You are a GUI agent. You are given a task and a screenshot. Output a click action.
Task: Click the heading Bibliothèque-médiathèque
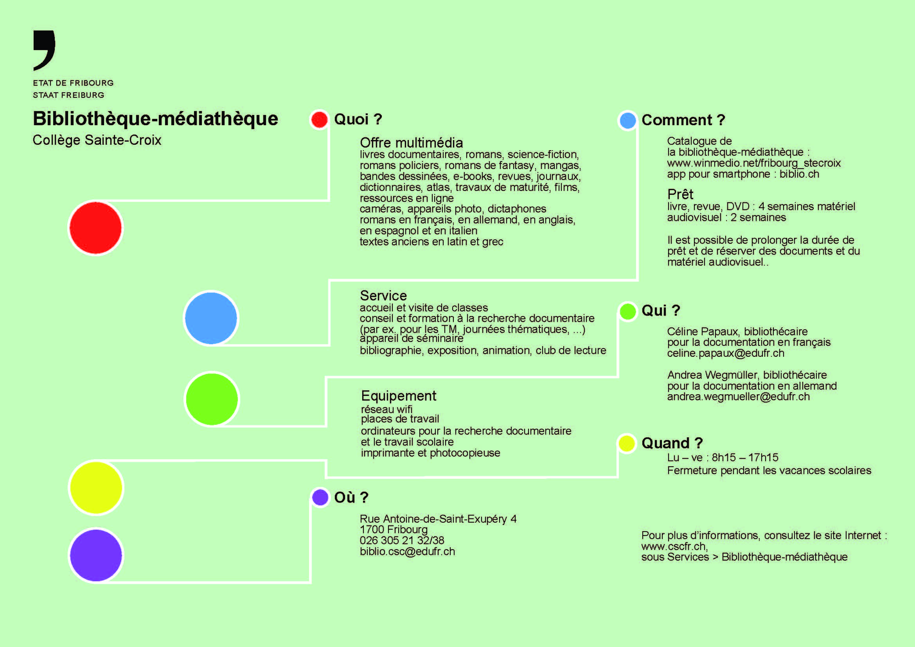coord(155,119)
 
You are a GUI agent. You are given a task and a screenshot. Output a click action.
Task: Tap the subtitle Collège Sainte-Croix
coord(97,140)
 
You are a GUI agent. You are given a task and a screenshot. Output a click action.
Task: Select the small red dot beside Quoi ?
coord(319,120)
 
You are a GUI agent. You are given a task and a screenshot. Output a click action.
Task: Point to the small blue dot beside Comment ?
coord(627,120)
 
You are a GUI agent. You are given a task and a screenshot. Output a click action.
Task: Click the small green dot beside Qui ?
coord(627,311)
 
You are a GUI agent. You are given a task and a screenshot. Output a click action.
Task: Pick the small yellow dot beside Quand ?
coord(627,444)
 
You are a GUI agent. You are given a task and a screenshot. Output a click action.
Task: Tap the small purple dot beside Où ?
coord(320,497)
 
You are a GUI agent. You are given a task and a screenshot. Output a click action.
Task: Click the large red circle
coord(95,228)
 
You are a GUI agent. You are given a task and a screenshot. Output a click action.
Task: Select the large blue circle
coord(211,318)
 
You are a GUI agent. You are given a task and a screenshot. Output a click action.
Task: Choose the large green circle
coord(212,399)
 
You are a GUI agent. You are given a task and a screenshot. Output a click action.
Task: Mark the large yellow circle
coord(96,488)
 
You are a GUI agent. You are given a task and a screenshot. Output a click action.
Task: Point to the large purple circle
coord(96,555)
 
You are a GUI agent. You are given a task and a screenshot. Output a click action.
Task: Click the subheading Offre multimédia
coord(411,143)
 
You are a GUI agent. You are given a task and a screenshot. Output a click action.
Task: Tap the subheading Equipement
coord(399,396)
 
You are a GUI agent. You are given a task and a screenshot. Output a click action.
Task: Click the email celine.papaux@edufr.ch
coord(726,353)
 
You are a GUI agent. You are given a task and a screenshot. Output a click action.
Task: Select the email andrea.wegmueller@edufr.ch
coord(739,396)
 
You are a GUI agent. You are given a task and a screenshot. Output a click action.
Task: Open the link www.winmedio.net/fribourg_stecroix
coord(754,163)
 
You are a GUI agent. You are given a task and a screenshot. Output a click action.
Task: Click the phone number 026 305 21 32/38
coord(402,540)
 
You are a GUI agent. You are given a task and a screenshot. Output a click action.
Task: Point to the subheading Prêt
coord(680,194)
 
